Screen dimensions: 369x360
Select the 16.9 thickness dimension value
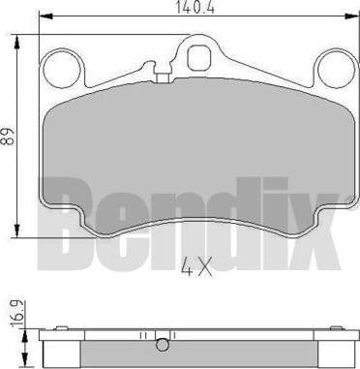11,315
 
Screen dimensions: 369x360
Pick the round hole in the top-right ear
335,68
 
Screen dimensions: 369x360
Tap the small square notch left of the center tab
151,69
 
